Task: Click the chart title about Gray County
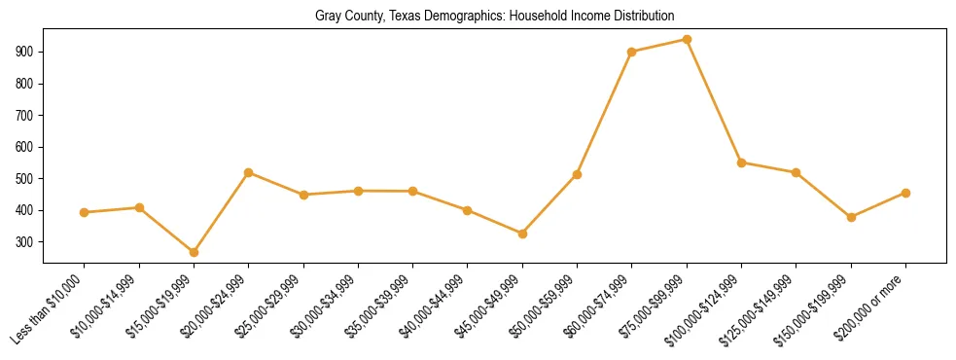[494, 17]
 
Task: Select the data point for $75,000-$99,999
[687, 40]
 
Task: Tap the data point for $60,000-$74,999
[632, 53]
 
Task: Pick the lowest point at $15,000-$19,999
[194, 252]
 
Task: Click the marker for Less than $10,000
[85, 212]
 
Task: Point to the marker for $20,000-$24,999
[248, 172]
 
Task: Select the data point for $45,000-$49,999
[522, 234]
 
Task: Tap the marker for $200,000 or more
[905, 193]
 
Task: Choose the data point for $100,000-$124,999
[741, 162]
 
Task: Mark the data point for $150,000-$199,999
[851, 217]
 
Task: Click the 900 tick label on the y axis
[24, 52]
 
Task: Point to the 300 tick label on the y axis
[24, 242]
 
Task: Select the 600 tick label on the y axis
[24, 147]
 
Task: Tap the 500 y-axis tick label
[24, 179]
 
